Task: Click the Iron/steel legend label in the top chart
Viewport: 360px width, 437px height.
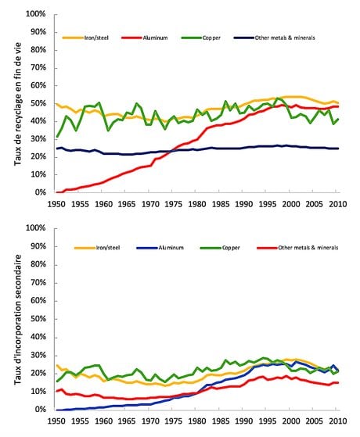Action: click(96, 38)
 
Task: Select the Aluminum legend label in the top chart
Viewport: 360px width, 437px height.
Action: click(155, 38)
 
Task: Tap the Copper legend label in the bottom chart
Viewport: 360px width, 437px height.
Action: click(231, 248)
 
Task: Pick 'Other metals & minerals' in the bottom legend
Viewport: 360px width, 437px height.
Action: click(308, 248)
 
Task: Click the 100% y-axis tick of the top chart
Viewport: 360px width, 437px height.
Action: click(36, 14)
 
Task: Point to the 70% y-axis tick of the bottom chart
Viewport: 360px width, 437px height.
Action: click(38, 283)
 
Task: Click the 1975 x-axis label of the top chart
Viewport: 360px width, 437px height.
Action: click(173, 204)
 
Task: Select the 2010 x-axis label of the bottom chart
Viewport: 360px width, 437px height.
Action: click(337, 421)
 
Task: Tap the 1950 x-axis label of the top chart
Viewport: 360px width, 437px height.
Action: click(56, 204)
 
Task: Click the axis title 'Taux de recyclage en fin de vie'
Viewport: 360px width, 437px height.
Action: click(17, 104)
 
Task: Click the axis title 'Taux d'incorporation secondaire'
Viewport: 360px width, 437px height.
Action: click(17, 320)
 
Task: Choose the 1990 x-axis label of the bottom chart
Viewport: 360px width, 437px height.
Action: click(243, 421)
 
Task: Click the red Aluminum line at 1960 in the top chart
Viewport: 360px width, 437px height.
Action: click(102, 183)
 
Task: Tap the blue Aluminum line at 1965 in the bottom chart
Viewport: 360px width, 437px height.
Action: click(125, 405)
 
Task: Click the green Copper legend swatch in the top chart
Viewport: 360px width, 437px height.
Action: click(192, 38)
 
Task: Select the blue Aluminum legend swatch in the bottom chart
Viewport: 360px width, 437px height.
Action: click(147, 248)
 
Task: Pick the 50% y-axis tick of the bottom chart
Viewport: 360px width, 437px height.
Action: click(38, 319)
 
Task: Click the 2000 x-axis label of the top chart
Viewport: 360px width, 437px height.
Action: click(291, 204)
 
